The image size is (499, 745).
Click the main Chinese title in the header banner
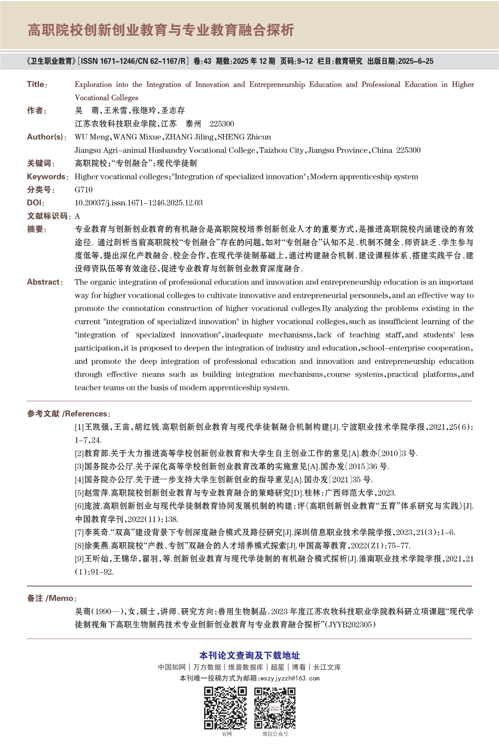(x=161, y=30)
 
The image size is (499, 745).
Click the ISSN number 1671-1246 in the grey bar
(x=116, y=61)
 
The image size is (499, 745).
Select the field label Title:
(x=37, y=85)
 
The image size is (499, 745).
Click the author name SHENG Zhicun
(x=244, y=137)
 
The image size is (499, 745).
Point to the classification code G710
(x=83, y=190)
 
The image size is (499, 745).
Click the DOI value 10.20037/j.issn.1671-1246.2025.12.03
(x=138, y=203)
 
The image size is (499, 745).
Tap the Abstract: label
(x=44, y=282)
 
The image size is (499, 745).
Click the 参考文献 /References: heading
(x=69, y=414)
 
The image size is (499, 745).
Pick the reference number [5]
(x=79, y=493)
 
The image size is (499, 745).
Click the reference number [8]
(x=79, y=546)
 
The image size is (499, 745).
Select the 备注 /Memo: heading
(x=51, y=598)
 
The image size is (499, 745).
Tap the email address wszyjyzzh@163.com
(x=290, y=678)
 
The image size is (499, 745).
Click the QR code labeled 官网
(x=226, y=708)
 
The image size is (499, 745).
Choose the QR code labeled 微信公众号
(x=275, y=708)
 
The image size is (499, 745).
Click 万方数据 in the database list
(x=207, y=667)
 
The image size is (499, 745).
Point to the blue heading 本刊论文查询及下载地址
(x=249, y=655)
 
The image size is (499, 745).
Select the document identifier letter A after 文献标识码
(x=77, y=216)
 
